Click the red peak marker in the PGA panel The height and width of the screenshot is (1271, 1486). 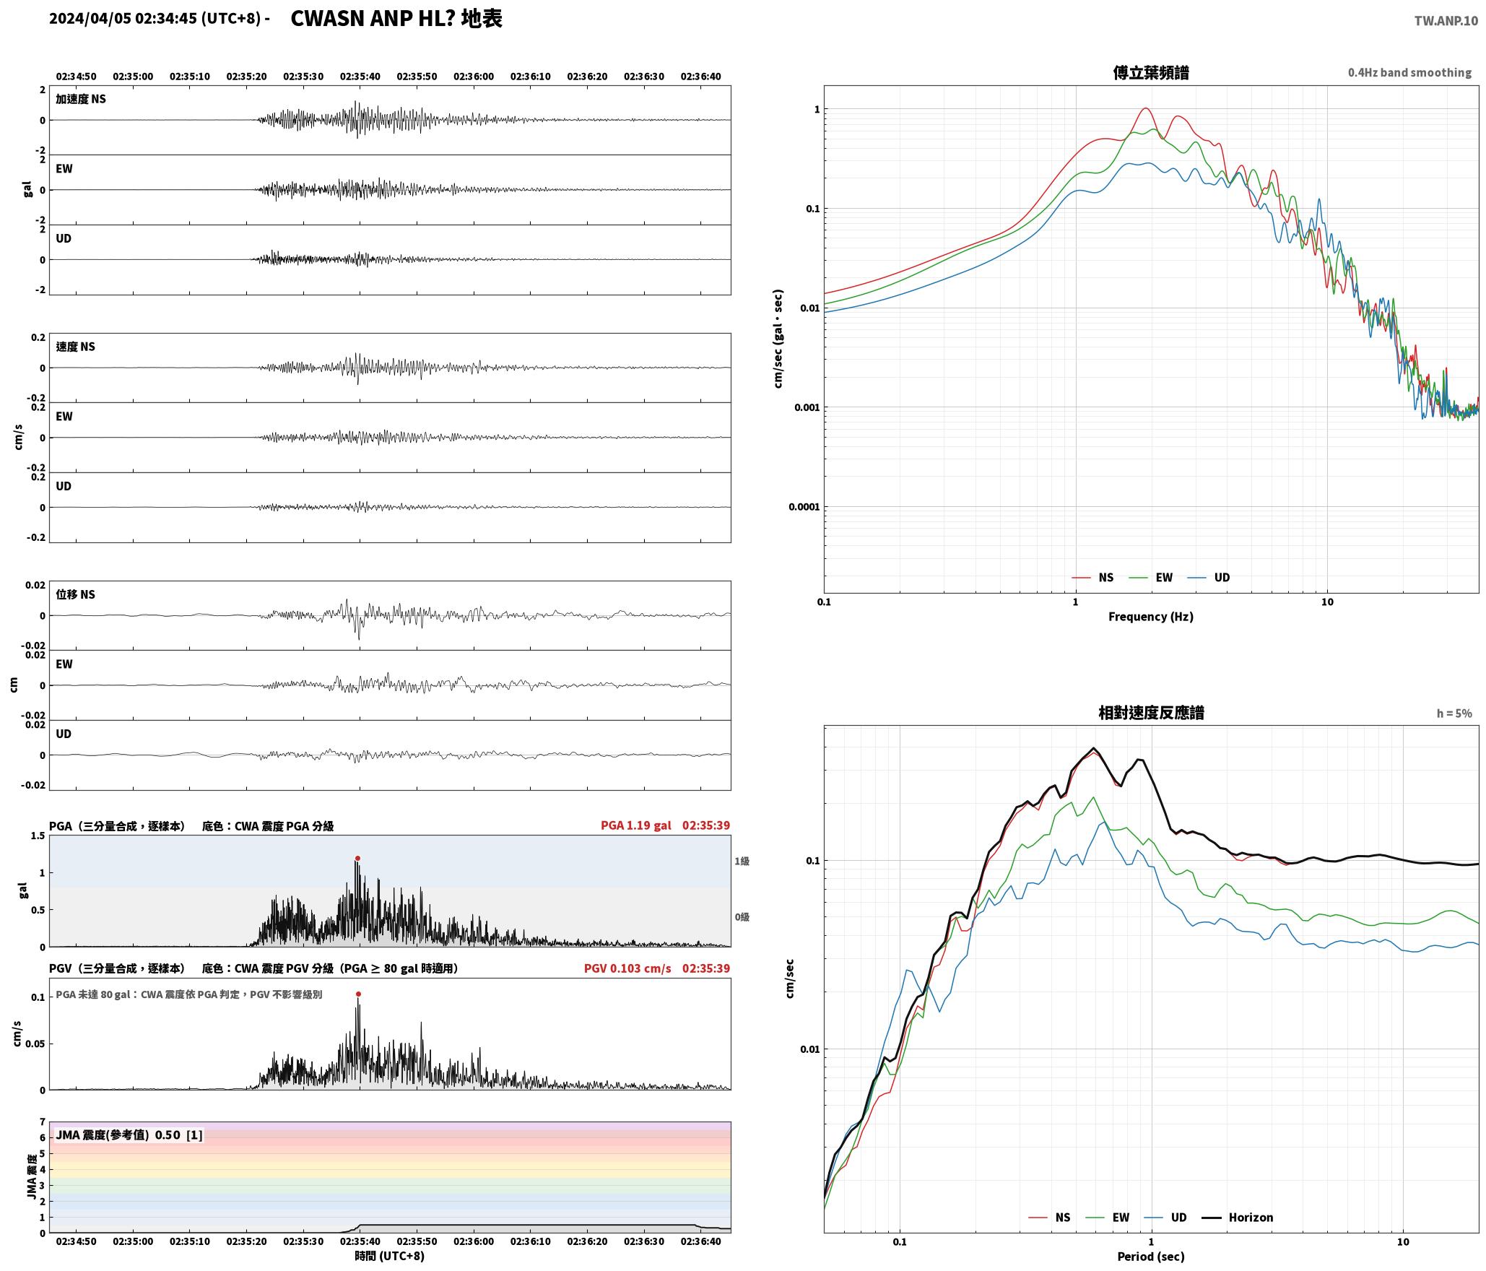click(357, 859)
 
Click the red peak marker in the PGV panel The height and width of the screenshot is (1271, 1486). click(358, 994)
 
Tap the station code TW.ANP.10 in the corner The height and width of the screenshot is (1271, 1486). click(1446, 21)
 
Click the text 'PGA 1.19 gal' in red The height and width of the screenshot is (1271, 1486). click(635, 825)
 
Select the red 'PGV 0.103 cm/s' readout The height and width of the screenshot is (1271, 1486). click(627, 968)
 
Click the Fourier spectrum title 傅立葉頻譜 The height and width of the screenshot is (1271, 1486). click(1151, 73)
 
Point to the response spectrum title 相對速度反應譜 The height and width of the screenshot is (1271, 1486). click(1151, 713)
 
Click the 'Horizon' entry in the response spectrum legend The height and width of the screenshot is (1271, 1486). click(1251, 1218)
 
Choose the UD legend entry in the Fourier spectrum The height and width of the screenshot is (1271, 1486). click(1222, 578)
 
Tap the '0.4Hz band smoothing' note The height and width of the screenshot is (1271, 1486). click(1409, 73)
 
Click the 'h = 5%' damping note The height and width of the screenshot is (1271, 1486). click(1454, 713)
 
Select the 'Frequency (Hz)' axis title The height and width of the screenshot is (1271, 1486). click(1151, 617)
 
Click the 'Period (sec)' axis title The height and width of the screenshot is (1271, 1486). click(1151, 1257)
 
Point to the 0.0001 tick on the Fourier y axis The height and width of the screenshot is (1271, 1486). click(804, 507)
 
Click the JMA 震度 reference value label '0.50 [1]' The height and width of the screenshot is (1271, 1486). click(179, 1135)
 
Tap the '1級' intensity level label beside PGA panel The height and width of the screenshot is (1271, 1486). click(742, 862)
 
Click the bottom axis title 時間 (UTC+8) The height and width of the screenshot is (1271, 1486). click(390, 1256)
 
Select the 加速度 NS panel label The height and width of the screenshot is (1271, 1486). click(81, 99)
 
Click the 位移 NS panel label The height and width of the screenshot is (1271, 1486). click(76, 594)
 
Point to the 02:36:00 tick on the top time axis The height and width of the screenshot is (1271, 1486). click(474, 77)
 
